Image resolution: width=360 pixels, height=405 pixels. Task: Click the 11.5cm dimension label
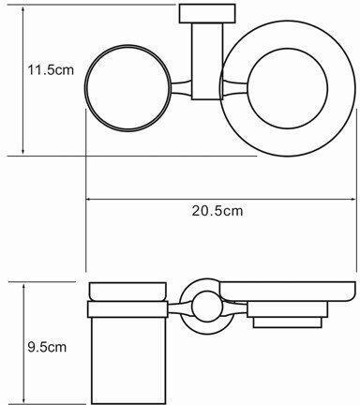(x=51, y=69)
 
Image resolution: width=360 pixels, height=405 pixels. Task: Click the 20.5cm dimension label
(x=217, y=211)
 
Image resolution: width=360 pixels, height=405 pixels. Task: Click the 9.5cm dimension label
(x=47, y=347)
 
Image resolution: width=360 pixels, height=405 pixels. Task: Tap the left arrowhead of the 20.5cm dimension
(x=88, y=199)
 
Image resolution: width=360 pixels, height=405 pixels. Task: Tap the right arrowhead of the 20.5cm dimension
(x=353, y=199)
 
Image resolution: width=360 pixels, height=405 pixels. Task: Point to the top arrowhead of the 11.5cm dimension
(x=23, y=8)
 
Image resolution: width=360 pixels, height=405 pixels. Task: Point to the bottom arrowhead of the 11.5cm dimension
(x=23, y=151)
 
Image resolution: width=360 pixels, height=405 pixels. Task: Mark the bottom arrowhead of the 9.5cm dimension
(x=23, y=399)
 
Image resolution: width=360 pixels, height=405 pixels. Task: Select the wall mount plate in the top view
(x=207, y=13)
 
